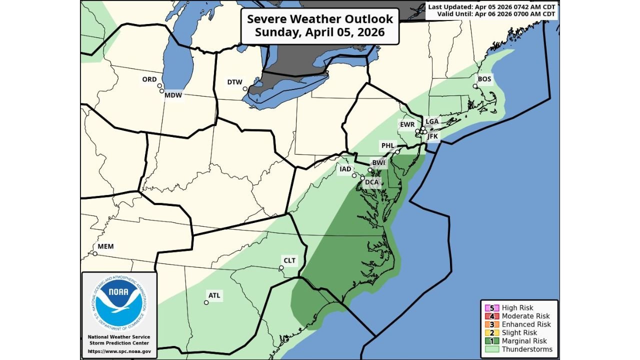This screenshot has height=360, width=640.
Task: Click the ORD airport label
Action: (x=149, y=79)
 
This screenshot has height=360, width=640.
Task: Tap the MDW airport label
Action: (x=173, y=95)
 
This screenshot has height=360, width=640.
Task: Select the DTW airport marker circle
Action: (x=245, y=89)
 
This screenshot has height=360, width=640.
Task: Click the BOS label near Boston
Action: (x=484, y=79)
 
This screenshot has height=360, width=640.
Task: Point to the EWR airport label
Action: (x=406, y=123)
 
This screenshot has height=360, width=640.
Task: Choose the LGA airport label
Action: (x=431, y=121)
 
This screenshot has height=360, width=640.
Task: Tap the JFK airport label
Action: (x=432, y=136)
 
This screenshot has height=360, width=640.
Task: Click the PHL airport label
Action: (x=388, y=146)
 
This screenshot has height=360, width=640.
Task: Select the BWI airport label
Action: (x=378, y=163)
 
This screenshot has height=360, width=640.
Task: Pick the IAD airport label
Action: (x=345, y=169)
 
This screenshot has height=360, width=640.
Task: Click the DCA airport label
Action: (x=371, y=182)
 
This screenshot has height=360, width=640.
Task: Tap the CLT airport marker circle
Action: (x=281, y=267)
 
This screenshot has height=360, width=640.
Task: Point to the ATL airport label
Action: (x=214, y=295)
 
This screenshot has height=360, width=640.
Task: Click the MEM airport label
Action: (x=105, y=246)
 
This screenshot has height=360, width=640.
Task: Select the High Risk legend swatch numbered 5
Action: (x=490, y=308)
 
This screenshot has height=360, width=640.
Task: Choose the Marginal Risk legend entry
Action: (x=524, y=341)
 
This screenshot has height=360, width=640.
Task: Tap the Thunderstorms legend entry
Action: (x=527, y=349)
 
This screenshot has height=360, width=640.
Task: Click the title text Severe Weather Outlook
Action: (x=320, y=19)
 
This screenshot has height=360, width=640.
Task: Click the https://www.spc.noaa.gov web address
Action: (x=119, y=351)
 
